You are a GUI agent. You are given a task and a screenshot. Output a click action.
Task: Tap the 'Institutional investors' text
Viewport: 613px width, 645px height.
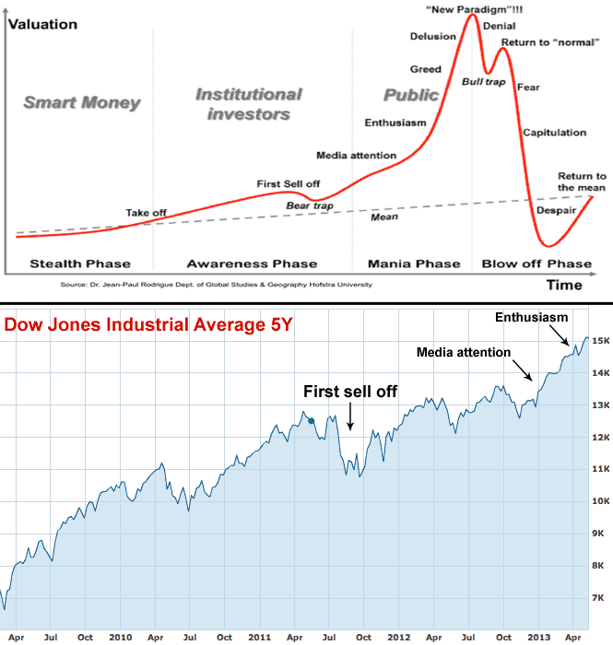pyautogui.click(x=248, y=104)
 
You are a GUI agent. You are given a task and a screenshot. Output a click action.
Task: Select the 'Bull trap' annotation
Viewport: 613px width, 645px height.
pyautogui.click(x=484, y=83)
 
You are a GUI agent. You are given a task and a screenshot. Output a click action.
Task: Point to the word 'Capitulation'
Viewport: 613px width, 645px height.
pyautogui.click(x=554, y=133)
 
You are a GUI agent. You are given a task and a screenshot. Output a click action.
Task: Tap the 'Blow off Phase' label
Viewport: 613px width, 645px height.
pyautogui.click(x=536, y=264)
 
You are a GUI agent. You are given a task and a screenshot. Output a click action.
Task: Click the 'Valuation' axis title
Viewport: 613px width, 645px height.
pyautogui.click(x=42, y=24)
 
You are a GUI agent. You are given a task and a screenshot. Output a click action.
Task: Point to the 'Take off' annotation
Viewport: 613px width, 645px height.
pyautogui.click(x=146, y=213)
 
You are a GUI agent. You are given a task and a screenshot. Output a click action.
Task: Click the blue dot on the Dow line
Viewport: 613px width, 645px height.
pyautogui.click(x=312, y=421)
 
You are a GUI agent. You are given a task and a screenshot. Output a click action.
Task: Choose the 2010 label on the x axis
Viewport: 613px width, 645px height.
pyautogui.click(x=121, y=635)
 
